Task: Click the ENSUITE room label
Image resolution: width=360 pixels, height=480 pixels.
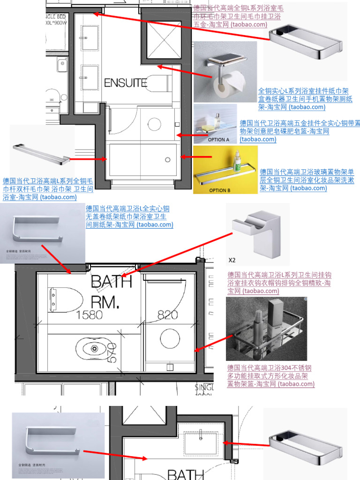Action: (x=125, y=83)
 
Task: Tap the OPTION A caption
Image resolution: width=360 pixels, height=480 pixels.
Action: (x=218, y=140)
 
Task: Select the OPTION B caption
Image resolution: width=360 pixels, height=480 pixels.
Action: (x=220, y=190)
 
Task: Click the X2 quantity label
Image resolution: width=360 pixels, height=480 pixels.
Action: (x=232, y=260)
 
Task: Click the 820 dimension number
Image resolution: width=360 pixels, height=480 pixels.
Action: (x=167, y=315)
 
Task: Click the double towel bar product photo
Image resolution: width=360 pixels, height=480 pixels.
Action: (x=41, y=153)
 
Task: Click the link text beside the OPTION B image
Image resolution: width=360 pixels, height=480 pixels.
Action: (x=307, y=180)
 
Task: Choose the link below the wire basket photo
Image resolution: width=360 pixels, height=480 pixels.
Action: (x=270, y=376)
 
